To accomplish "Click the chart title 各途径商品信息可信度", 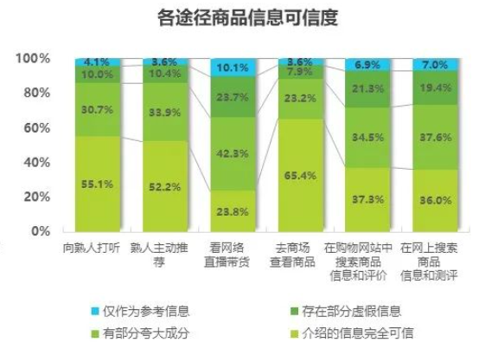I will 248,16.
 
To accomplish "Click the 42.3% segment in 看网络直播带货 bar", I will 233,153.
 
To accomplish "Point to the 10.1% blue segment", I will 233,67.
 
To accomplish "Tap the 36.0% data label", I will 436,199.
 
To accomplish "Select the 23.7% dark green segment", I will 233,97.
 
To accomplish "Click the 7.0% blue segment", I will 436,65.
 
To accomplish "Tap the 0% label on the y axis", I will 40,231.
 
